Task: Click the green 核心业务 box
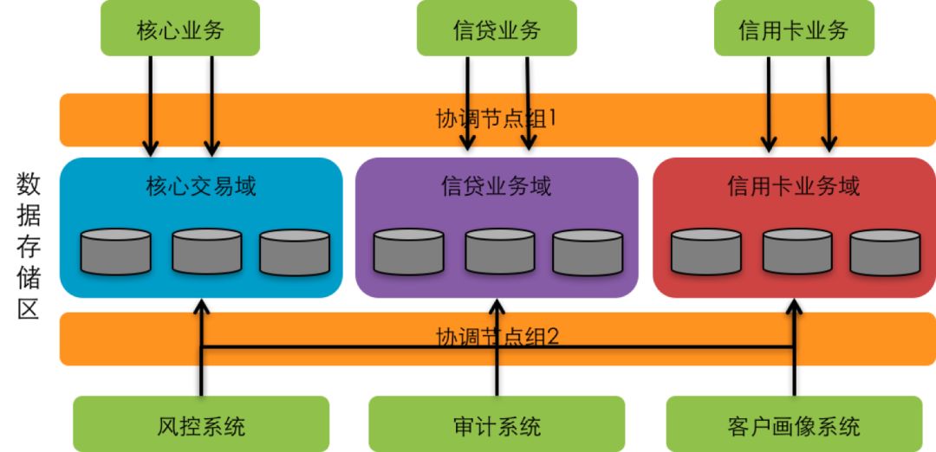pyautogui.click(x=180, y=28)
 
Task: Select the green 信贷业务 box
pyautogui.click(x=497, y=28)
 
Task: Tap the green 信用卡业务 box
pyautogui.click(x=794, y=28)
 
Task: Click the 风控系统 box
pyautogui.click(x=201, y=424)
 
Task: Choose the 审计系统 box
pyautogui.click(x=497, y=424)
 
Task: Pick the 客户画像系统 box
pyautogui.click(x=794, y=424)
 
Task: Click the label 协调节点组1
pyautogui.click(x=497, y=119)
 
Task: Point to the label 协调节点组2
pyautogui.click(x=497, y=338)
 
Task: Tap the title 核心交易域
pyautogui.click(x=201, y=187)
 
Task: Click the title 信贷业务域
pyautogui.click(x=497, y=187)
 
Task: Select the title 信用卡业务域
pyautogui.click(x=794, y=187)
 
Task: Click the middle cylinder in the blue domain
pyautogui.click(x=207, y=252)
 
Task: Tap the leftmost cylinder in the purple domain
pyautogui.click(x=409, y=252)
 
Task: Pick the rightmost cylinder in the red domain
pyautogui.click(x=885, y=253)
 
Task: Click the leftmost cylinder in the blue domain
pyautogui.click(x=115, y=252)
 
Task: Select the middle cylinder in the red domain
pyautogui.click(x=797, y=252)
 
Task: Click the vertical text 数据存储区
pyautogui.click(x=28, y=246)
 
